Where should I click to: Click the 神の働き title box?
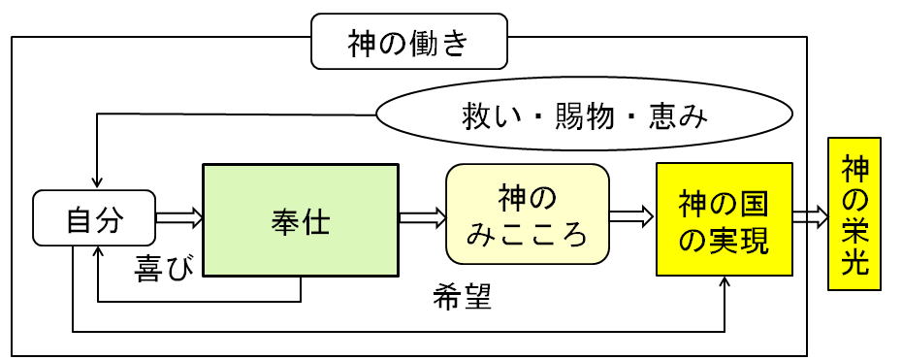[x=409, y=42]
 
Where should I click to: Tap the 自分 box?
[x=94, y=217]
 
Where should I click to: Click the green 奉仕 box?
[x=301, y=220]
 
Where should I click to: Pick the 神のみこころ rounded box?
[x=528, y=213]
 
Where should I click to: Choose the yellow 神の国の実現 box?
[x=725, y=218]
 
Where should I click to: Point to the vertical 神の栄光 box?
[x=854, y=213]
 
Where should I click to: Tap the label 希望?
[x=462, y=297]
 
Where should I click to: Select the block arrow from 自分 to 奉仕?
[x=178, y=218]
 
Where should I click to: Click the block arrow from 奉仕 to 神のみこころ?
[x=423, y=218]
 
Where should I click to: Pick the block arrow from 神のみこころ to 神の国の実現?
[x=631, y=216]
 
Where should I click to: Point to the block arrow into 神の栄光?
[x=811, y=216]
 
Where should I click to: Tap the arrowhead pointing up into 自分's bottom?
[x=99, y=252]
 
